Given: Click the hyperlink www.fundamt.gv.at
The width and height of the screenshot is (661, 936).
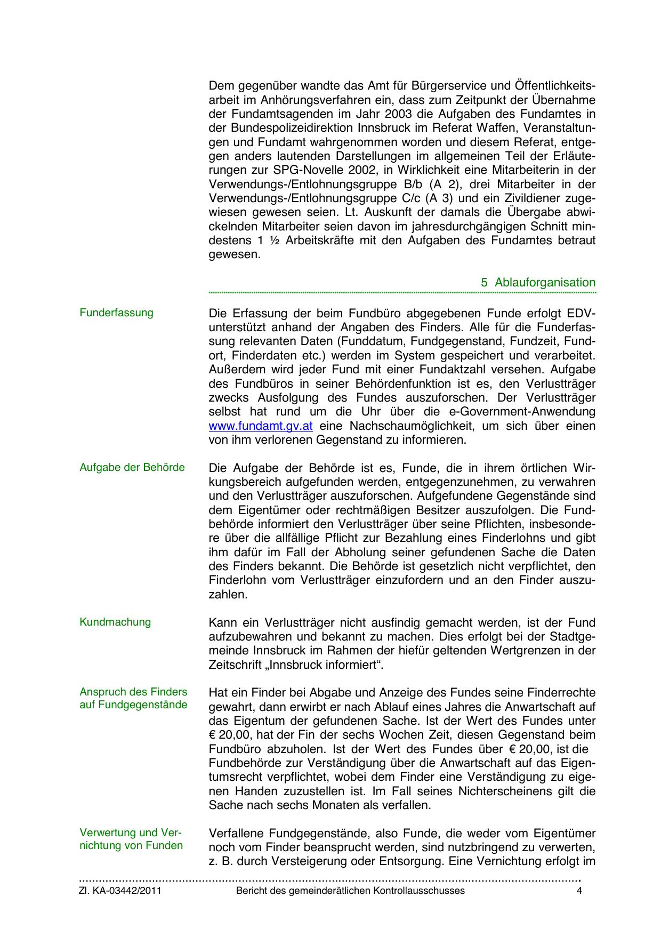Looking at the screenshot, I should pyautogui.click(x=260, y=426).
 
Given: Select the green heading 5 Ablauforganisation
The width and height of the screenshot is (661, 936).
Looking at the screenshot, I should pyautogui.click(x=538, y=283).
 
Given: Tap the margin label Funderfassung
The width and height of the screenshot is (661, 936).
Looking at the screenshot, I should pyautogui.click(x=116, y=313).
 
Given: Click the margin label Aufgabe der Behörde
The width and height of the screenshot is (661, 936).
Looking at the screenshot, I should pyautogui.click(x=132, y=468).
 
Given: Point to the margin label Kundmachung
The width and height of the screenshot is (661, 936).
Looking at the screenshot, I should pyautogui.click(x=115, y=622).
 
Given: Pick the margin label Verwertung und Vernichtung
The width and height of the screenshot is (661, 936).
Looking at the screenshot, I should pyautogui.click(x=131, y=839).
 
